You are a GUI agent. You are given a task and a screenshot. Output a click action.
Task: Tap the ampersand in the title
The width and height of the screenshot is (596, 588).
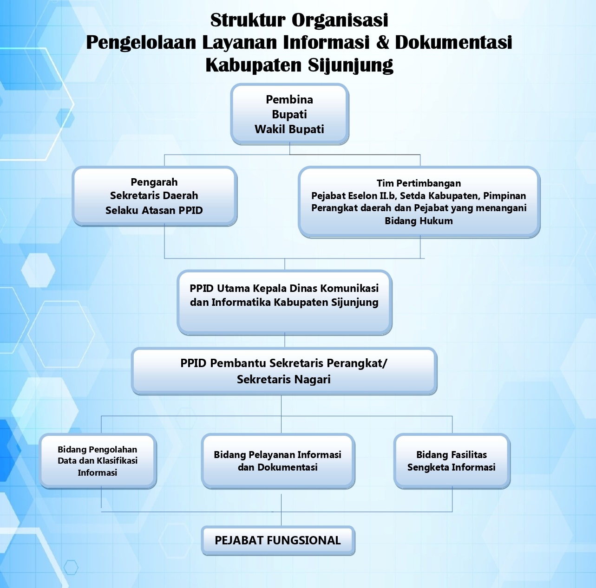(382, 42)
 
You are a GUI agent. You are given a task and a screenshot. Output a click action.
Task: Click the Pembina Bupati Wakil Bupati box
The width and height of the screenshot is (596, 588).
(289, 114)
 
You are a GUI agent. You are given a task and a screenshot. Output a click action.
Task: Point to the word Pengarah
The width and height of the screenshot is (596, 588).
(154, 182)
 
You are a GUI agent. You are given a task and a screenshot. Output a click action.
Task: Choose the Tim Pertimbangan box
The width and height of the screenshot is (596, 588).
(419, 202)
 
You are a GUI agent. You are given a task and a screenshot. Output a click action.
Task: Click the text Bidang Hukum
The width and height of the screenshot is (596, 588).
(419, 221)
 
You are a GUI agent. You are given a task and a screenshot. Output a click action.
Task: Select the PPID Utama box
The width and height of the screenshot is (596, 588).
(285, 302)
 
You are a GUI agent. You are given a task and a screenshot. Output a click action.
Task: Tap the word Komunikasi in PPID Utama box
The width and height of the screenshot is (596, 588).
(349, 288)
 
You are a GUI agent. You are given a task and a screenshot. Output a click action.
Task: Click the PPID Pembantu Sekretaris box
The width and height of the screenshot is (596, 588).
(284, 371)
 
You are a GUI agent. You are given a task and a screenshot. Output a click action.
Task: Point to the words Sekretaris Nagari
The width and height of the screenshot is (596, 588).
(284, 380)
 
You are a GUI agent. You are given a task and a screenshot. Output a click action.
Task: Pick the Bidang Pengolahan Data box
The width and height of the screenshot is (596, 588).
(98, 461)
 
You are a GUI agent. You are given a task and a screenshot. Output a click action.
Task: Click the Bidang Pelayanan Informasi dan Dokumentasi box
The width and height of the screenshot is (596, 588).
(278, 461)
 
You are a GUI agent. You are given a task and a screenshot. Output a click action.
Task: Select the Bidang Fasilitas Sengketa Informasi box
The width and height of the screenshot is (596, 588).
(452, 461)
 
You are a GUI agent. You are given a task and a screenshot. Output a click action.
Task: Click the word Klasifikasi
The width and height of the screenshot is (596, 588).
(118, 460)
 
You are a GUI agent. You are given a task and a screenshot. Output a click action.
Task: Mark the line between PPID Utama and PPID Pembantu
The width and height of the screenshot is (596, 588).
(285, 341)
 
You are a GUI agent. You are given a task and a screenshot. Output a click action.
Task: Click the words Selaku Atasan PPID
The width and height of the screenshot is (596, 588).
(154, 210)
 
